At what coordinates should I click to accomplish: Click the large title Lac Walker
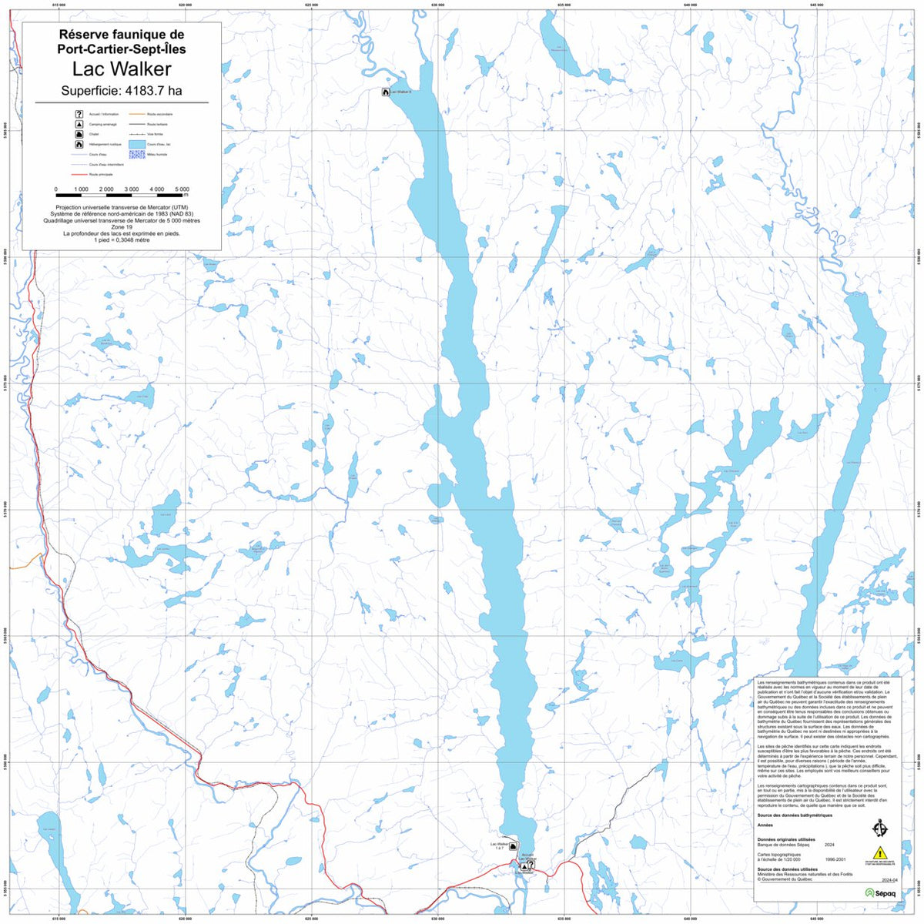[x=122, y=69]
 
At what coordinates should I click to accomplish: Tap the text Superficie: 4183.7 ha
[x=122, y=91]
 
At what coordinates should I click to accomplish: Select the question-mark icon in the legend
[x=79, y=114]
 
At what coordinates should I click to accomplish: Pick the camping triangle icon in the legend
[x=79, y=124]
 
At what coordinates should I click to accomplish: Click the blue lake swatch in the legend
[x=136, y=144]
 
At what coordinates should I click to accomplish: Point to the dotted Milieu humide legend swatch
[x=136, y=154]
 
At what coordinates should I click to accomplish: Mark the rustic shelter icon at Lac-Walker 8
[x=386, y=92]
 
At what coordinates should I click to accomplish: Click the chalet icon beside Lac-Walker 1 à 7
[x=514, y=847]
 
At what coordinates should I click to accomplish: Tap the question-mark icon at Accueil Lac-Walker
[x=531, y=864]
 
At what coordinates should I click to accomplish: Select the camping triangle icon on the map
[x=524, y=866]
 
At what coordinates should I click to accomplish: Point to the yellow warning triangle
[x=880, y=852]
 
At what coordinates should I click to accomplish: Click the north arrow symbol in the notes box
[x=880, y=829]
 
